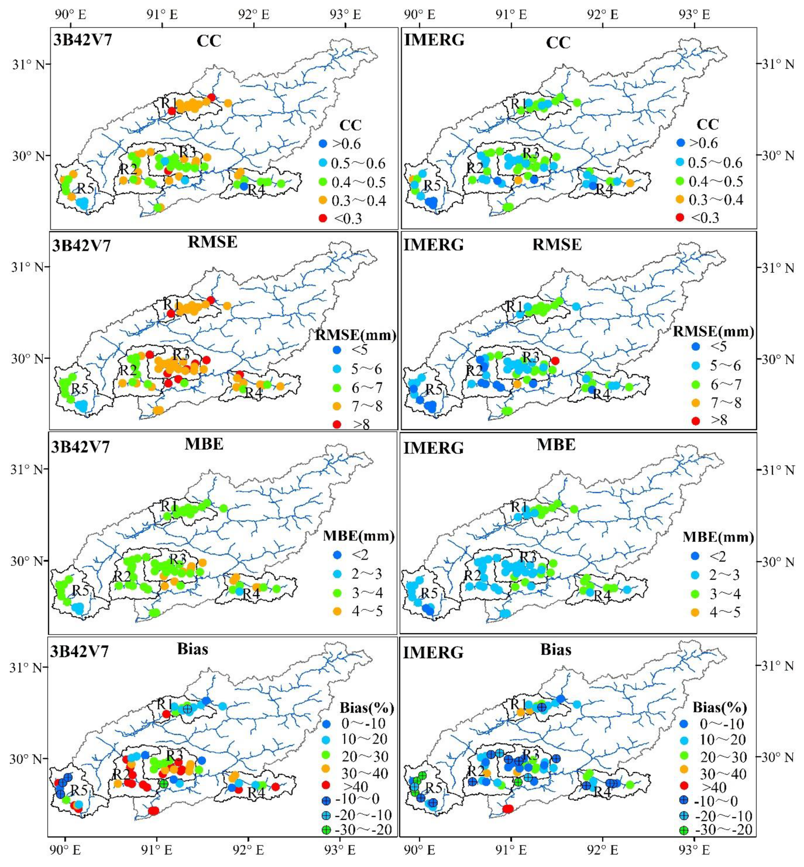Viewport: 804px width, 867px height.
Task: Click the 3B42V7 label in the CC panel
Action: point(83,40)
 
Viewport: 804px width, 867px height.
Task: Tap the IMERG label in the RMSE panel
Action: point(433,245)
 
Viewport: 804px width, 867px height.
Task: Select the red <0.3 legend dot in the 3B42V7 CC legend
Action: point(323,218)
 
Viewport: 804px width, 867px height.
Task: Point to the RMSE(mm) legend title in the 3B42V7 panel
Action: point(355,335)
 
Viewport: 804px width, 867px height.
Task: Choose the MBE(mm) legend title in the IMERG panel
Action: point(718,537)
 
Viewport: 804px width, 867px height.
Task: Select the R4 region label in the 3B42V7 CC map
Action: point(256,190)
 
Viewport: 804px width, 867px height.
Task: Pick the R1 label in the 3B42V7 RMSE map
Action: point(171,304)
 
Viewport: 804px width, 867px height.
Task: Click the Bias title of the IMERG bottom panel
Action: point(556,650)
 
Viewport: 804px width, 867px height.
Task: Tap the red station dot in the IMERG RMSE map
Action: point(555,360)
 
